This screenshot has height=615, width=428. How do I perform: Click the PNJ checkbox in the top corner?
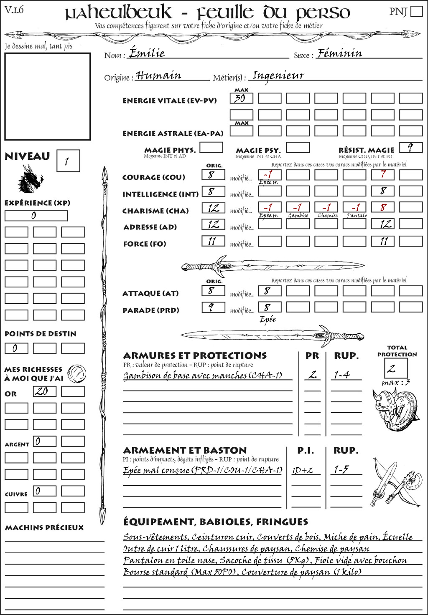(x=416, y=11)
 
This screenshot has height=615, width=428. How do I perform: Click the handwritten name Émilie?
(x=147, y=53)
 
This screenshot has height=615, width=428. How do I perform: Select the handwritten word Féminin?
(x=340, y=53)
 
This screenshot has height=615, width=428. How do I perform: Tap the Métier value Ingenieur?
(x=278, y=76)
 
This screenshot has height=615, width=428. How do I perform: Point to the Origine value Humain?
(x=159, y=76)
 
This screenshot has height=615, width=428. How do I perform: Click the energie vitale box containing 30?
(x=241, y=98)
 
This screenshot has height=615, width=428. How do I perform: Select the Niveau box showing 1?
(x=68, y=161)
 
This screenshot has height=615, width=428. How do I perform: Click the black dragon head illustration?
(x=30, y=179)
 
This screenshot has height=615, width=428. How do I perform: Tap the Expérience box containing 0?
(x=36, y=216)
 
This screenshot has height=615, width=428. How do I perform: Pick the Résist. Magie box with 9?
(x=410, y=148)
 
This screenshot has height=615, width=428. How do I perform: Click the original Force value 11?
(x=213, y=241)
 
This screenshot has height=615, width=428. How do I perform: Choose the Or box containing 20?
(x=44, y=391)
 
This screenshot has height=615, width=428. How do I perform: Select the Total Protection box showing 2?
(x=396, y=368)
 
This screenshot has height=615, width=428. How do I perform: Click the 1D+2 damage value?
(x=303, y=470)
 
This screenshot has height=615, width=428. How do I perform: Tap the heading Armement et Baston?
(x=185, y=451)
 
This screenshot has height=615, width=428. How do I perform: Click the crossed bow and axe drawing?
(x=395, y=483)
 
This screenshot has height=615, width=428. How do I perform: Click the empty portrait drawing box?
(x=47, y=96)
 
